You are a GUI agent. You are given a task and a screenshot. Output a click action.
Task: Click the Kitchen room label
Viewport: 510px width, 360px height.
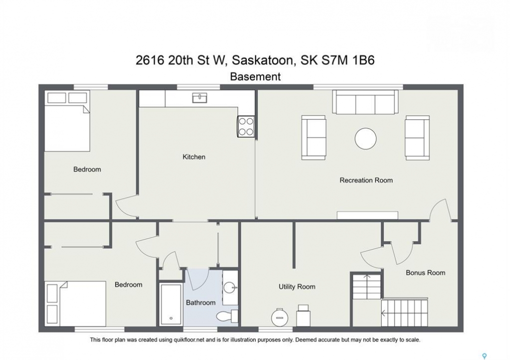(194, 157)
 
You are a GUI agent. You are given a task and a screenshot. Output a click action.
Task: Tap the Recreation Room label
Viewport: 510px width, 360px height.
(366, 180)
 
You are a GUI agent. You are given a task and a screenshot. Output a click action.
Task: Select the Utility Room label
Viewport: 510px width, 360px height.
(297, 287)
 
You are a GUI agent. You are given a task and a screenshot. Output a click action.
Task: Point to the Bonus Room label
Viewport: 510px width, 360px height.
(425, 273)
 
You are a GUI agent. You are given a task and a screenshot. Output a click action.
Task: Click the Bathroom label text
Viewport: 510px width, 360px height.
(201, 303)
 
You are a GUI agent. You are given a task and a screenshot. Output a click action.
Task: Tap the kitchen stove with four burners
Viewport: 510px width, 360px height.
(246, 126)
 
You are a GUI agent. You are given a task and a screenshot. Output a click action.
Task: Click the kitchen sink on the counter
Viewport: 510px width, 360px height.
(199, 98)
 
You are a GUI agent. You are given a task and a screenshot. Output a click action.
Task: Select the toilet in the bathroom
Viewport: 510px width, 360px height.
(227, 315)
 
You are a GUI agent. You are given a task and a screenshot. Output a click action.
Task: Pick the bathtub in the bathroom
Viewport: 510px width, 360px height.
(171, 304)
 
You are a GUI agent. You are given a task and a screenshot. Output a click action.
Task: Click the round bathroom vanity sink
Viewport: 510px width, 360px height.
(230, 287)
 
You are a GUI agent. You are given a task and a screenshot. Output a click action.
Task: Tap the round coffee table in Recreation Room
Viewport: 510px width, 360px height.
(365, 138)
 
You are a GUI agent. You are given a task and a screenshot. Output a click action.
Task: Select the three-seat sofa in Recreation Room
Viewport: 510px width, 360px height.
(365, 102)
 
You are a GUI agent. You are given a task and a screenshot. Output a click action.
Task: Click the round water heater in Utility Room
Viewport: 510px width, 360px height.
(279, 317)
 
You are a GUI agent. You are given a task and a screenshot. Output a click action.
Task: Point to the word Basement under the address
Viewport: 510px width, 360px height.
(255, 76)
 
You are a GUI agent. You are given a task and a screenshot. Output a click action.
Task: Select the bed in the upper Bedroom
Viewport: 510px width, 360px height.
(67, 121)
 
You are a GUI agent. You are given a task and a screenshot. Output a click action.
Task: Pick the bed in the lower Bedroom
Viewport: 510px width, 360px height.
(76, 303)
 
